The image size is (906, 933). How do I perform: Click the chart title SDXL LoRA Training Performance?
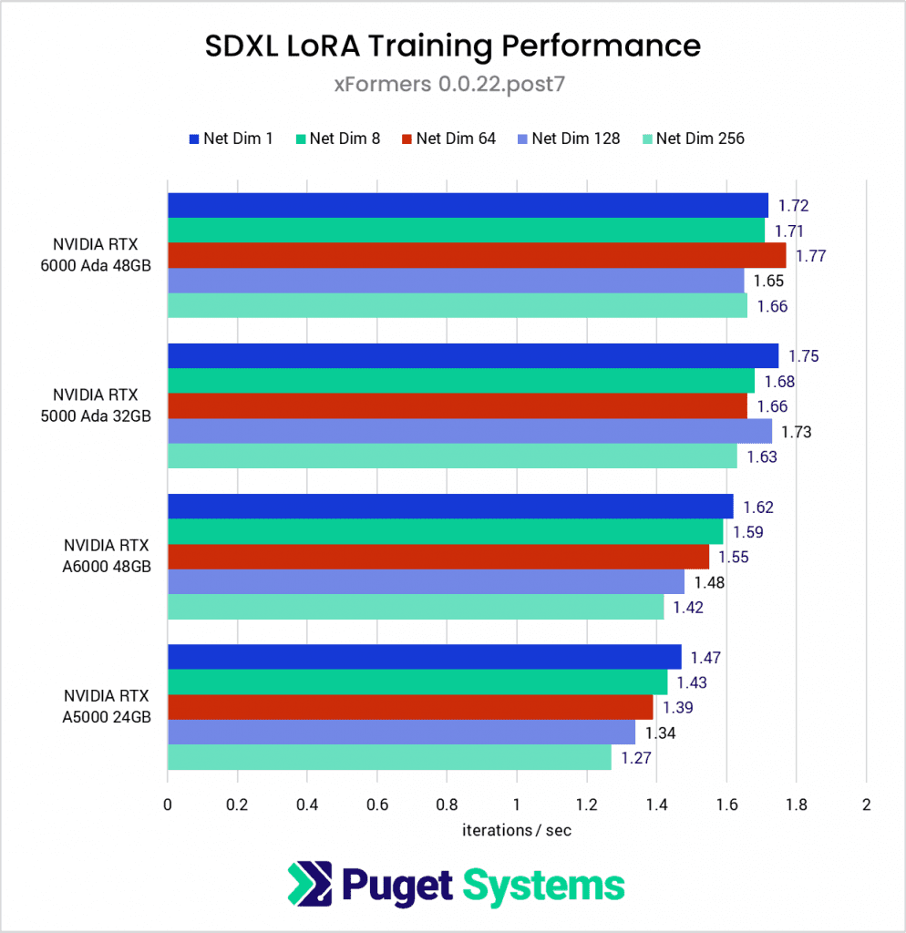452,46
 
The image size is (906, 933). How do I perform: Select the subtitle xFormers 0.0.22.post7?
452,85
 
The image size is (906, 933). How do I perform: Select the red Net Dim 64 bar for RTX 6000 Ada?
476,255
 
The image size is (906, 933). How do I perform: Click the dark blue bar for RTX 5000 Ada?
472,355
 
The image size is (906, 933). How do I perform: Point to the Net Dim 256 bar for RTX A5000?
389,757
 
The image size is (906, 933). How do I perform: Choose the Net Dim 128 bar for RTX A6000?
425,581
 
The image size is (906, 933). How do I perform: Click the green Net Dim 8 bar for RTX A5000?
417,682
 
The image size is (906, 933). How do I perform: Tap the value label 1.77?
810,256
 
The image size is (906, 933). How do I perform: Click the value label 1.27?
635,757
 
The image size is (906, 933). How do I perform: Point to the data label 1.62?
758,507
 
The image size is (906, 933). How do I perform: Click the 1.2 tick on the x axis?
586,805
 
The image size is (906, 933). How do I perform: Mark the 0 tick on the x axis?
168,805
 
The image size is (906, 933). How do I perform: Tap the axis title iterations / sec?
517,830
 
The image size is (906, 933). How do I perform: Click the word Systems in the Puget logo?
543,885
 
